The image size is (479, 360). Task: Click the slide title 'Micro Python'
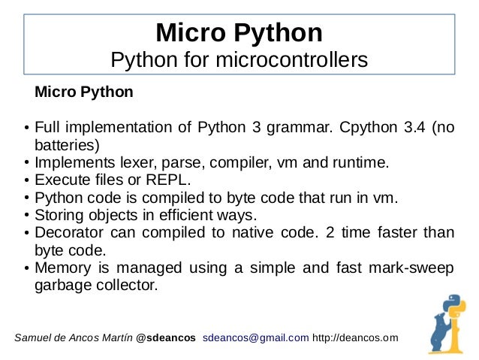point(239,33)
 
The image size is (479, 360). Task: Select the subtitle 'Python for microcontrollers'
point(239,59)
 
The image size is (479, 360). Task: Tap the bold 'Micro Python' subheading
point(84,93)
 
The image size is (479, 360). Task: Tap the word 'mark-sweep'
point(415,269)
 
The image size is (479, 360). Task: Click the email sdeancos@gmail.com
point(256,337)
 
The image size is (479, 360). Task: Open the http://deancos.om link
point(355,337)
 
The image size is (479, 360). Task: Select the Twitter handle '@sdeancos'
point(166,337)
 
